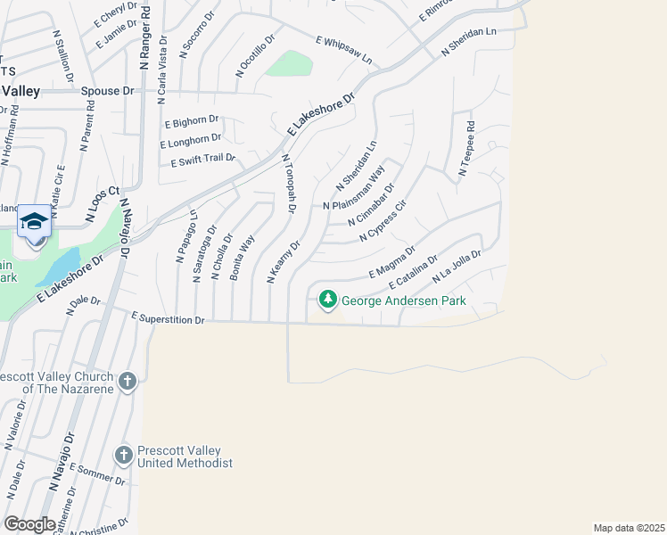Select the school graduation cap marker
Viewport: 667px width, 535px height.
point(34,221)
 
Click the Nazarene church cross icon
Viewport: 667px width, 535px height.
point(128,382)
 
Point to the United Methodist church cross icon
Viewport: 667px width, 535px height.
point(124,456)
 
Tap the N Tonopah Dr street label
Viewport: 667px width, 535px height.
point(288,184)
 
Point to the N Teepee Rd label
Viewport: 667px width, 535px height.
point(465,152)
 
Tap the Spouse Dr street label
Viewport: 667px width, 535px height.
point(106,91)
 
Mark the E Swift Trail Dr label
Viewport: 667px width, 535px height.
point(202,160)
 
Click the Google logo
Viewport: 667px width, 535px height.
point(29,523)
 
